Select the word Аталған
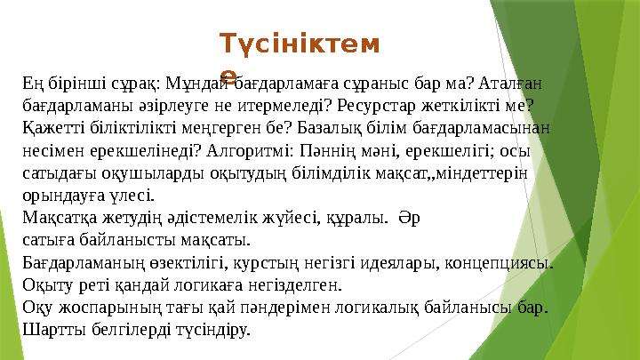pyautogui.click(x=511, y=84)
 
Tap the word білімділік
pyautogui.click(x=324, y=172)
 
